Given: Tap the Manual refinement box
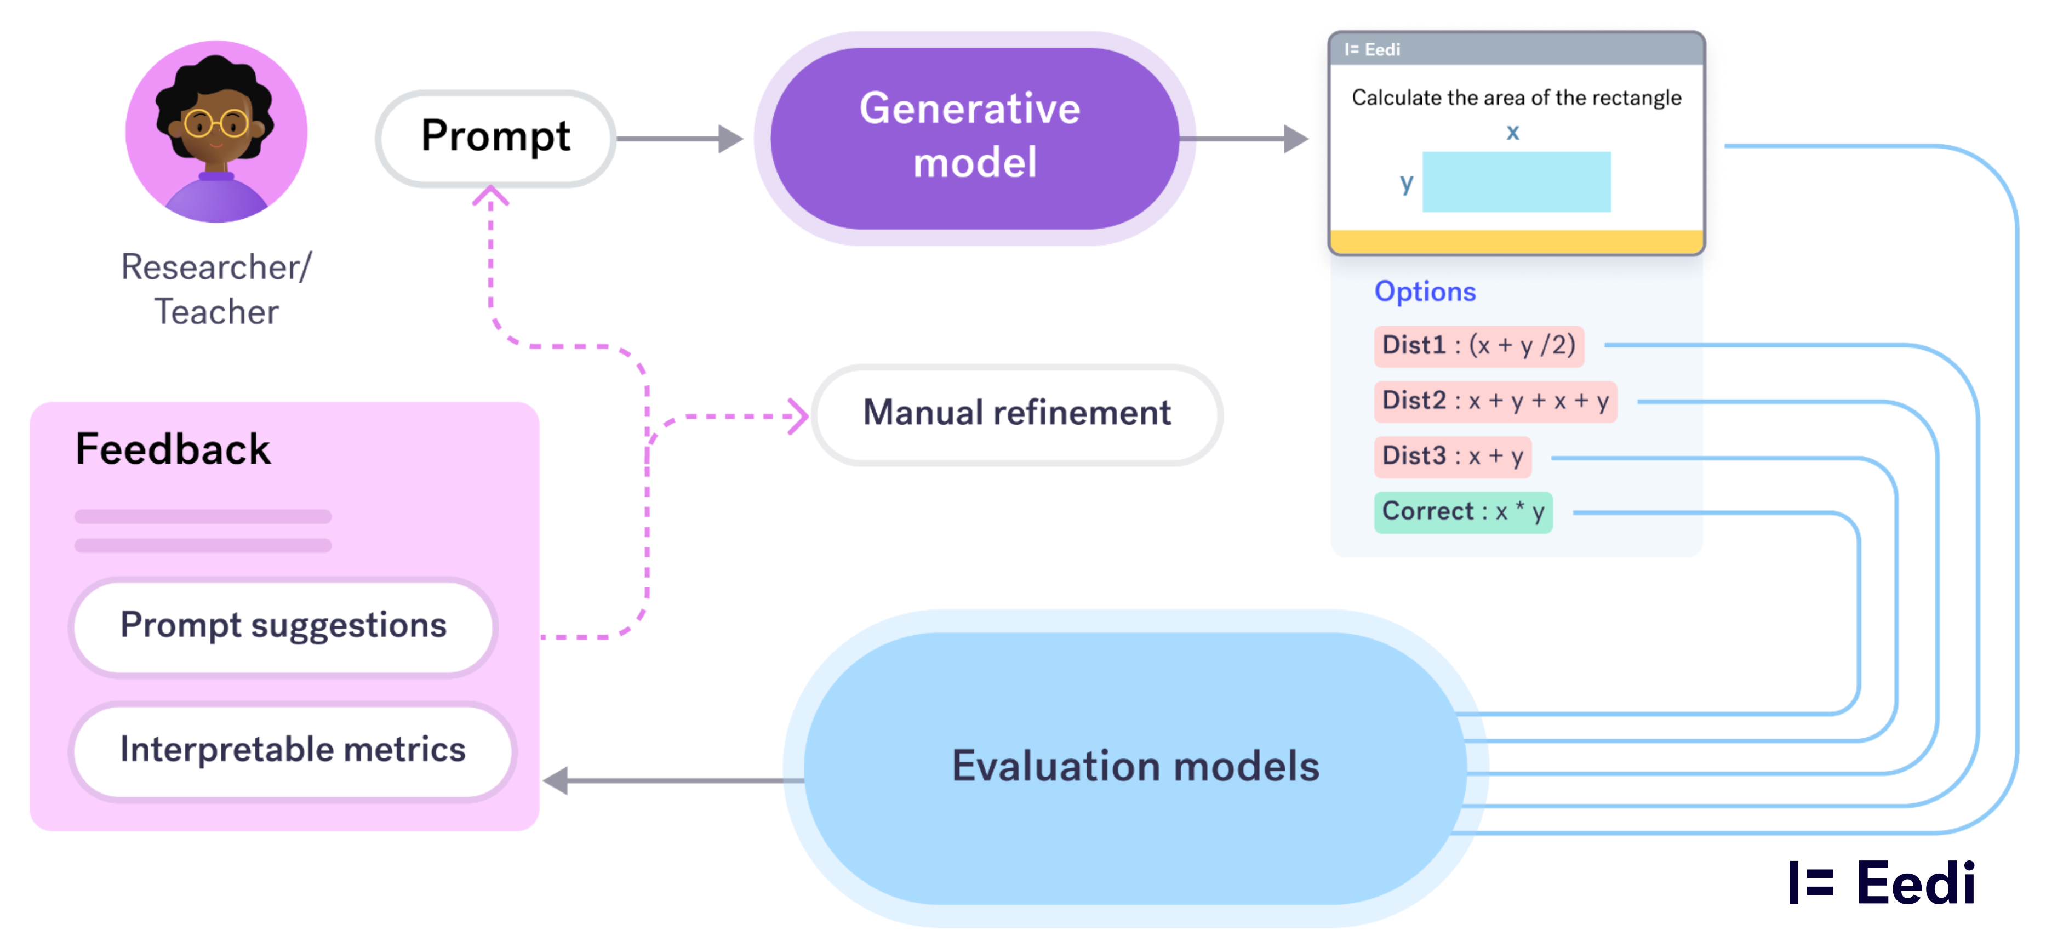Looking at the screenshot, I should (1016, 414).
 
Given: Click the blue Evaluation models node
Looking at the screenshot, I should (1134, 767).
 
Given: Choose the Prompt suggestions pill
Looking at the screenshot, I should (283, 626).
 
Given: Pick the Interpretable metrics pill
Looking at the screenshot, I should (292, 750).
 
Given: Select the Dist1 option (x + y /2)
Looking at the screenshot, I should (1478, 346).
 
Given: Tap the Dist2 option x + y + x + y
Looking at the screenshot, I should (1495, 401).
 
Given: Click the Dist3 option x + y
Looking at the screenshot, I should (1452, 457).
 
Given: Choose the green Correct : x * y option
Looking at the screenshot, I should (1463, 512).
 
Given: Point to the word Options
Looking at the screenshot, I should (1425, 292).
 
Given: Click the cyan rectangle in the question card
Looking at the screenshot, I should (1516, 182).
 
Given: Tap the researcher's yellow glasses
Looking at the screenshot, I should (216, 124).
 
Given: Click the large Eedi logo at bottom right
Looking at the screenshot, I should (1881, 883).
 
